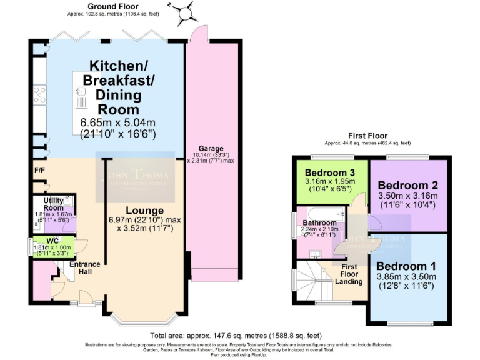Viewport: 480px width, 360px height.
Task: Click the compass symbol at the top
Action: (185, 12)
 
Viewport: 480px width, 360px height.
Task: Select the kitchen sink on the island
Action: (82, 96)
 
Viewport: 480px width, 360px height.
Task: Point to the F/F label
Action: (39, 169)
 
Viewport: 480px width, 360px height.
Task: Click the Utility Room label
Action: (53, 203)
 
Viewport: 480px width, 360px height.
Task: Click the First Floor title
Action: (367, 136)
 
